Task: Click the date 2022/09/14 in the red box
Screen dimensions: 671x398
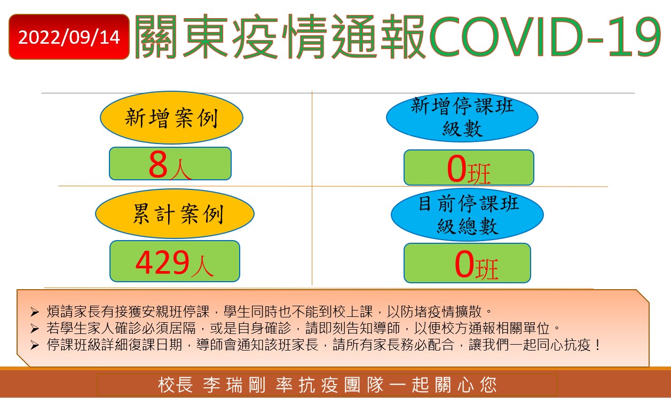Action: [69, 37]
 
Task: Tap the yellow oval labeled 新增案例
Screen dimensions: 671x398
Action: [171, 118]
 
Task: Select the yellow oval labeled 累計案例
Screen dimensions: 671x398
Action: [175, 213]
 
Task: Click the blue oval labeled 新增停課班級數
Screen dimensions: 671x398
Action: [462, 117]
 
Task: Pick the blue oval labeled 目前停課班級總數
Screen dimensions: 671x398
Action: [467, 214]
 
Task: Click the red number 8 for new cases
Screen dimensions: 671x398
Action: [158, 164]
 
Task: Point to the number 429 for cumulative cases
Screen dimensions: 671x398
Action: [162, 262]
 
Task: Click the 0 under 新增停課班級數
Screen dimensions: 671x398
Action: [456, 169]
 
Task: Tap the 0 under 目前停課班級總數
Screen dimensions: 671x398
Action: [464, 265]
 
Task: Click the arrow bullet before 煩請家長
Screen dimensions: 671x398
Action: [35, 312]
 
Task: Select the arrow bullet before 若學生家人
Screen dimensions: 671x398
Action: [35, 329]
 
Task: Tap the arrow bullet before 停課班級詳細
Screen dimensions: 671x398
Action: [35, 345]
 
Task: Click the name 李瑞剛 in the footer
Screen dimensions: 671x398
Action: [234, 385]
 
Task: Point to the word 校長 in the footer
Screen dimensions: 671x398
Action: [175, 385]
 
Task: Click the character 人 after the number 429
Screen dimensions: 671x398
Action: [202, 266]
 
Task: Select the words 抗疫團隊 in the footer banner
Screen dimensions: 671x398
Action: [341, 385]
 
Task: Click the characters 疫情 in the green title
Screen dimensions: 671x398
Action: [280, 36]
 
